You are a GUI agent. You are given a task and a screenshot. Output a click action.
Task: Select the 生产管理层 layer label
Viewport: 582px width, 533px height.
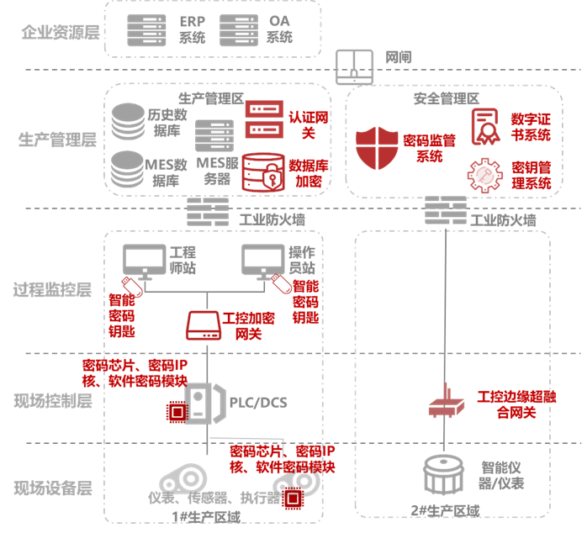[x=58, y=140]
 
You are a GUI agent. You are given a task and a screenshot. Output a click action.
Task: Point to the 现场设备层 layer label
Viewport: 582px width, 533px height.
[x=53, y=488]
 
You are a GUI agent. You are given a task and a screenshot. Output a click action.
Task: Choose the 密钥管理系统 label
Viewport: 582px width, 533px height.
[x=532, y=175]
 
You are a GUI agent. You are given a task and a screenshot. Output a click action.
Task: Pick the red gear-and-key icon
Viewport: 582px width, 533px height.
[x=484, y=175]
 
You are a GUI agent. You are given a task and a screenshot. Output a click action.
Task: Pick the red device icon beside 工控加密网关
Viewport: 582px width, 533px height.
[x=204, y=325]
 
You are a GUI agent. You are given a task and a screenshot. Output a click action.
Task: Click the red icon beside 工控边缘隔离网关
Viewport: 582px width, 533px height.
[x=445, y=402]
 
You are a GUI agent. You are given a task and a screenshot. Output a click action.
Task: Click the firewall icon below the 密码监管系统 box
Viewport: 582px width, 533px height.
[x=445, y=208]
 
